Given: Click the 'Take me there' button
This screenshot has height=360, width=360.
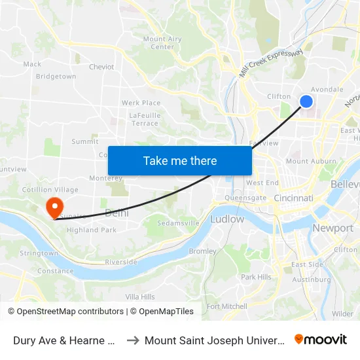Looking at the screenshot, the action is pos(180,160).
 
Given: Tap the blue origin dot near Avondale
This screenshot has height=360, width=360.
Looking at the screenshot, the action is pos(306,101).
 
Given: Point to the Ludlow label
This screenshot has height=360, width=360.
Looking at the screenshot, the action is pos(226,219).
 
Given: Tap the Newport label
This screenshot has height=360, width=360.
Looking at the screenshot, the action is pos(333,228).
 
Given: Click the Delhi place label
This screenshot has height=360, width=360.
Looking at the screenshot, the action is pos(117,213).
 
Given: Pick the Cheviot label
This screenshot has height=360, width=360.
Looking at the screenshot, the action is pos(101,67).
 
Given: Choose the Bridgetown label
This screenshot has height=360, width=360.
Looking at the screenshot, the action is pos(56,77).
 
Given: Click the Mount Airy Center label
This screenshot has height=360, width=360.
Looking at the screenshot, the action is pos(162,43).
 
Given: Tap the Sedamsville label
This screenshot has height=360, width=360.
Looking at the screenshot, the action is pos(178,223).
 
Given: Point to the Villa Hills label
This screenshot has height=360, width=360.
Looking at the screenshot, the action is pos(140,297).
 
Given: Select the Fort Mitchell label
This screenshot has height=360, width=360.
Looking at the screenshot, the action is pos(226,306).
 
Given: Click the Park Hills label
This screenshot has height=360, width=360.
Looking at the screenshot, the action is pos(256,277).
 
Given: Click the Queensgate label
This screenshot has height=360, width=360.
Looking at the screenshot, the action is pos(245,198).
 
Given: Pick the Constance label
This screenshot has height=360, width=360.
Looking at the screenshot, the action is pos(55,271).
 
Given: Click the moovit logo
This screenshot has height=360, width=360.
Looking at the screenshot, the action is pos(321,339).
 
